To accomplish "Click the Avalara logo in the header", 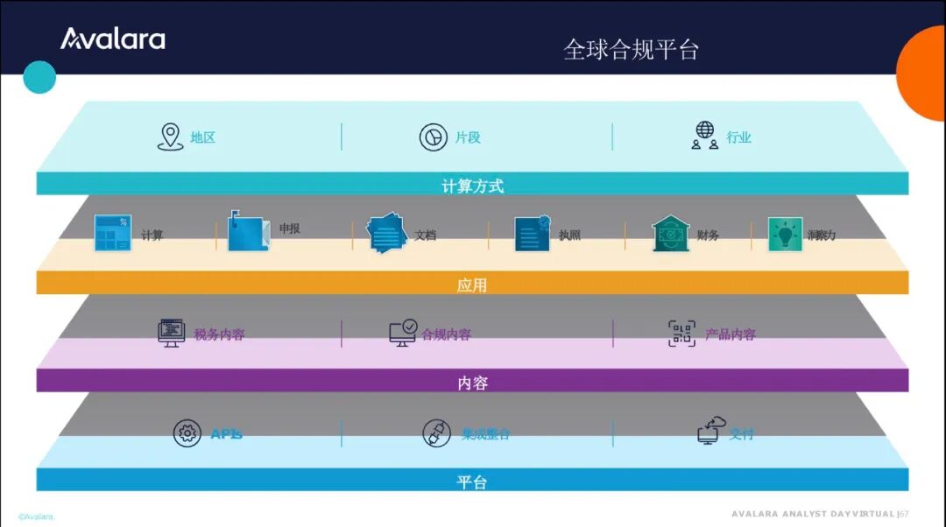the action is point(112,39).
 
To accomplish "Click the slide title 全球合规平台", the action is point(631,49).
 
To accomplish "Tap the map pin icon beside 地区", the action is point(170,137).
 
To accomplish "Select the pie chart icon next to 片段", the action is point(434,137).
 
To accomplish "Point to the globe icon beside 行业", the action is point(705,136).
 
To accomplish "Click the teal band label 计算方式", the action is point(472,186).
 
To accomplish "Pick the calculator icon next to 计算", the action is point(113,234).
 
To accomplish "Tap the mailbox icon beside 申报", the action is point(248,232).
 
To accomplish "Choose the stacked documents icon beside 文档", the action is point(386,234).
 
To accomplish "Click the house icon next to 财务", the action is point(671,234).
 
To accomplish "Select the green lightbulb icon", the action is point(785,234).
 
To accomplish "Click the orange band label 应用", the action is point(472,285).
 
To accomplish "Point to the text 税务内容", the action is point(219,334).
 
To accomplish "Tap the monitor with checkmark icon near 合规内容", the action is point(403,333).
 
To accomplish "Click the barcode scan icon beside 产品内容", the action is point(682,334).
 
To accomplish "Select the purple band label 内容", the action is point(472,383).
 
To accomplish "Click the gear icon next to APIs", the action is point(187,433).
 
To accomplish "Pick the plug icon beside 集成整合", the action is point(436,433).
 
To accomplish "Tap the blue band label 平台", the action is point(472,482).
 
